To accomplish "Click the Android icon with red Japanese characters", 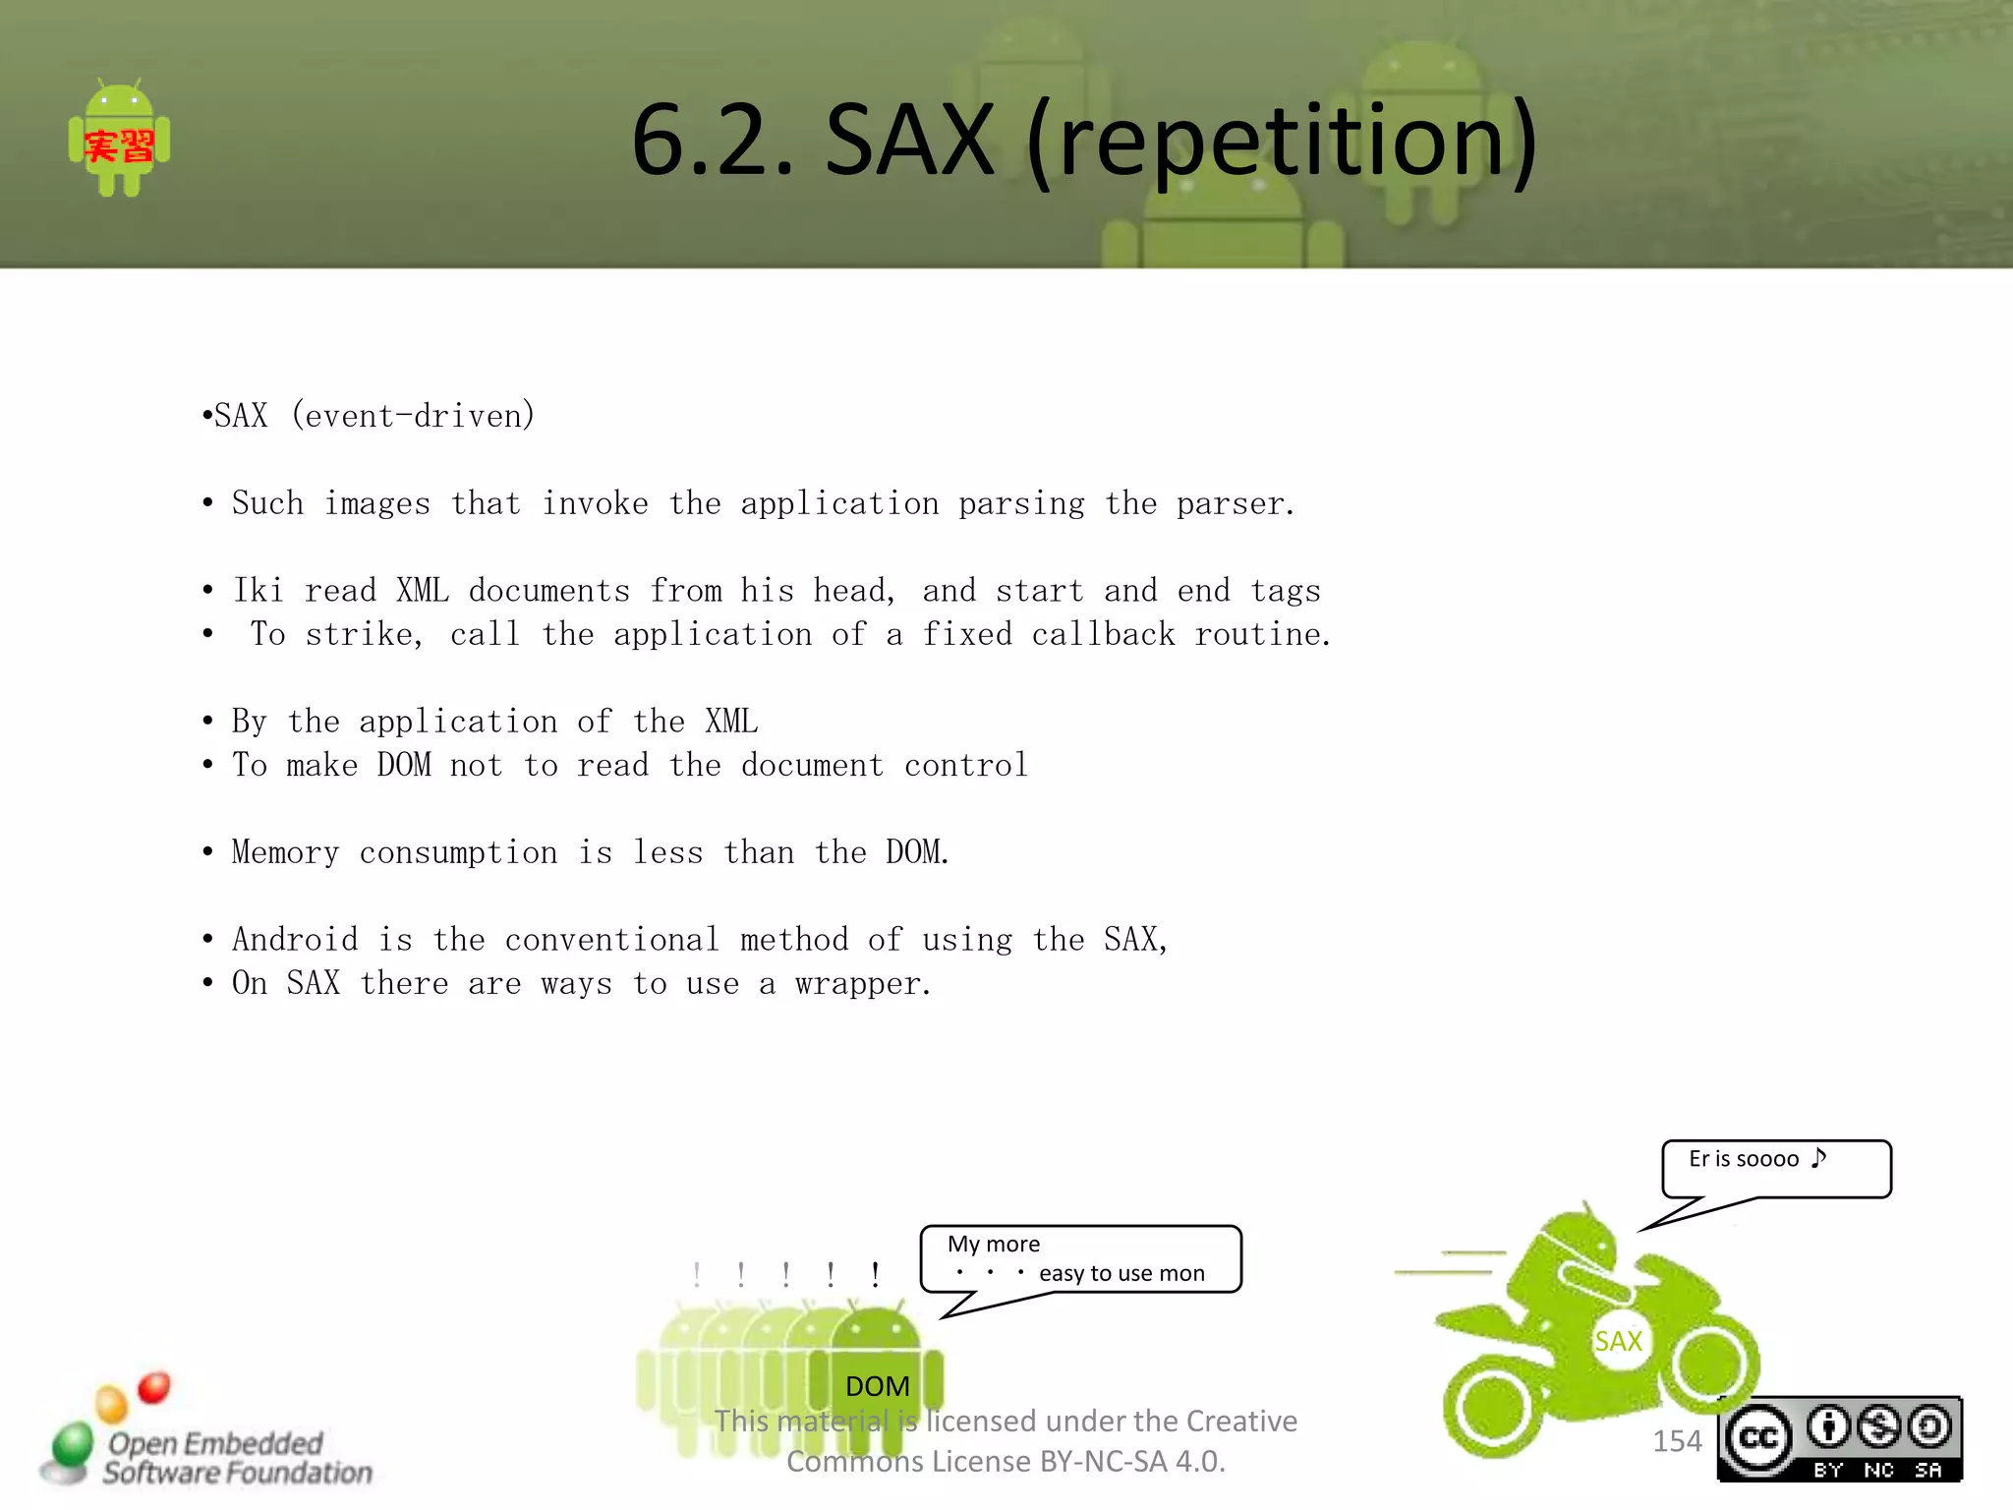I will pyautogui.click(x=119, y=139).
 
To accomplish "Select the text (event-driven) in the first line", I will pyautogui.click(x=413, y=416).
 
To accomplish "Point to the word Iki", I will pyautogui.click(x=258, y=591).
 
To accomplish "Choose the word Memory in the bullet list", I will pyautogui.click(x=285, y=852).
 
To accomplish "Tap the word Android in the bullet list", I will pyautogui.click(x=295, y=940).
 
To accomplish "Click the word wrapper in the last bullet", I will pyautogui.click(x=862, y=984).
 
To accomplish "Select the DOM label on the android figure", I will pyautogui.click(x=877, y=1386).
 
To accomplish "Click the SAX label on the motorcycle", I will pyautogui.click(x=1618, y=1341).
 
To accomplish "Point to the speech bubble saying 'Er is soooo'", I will pyautogui.click(x=1775, y=1168).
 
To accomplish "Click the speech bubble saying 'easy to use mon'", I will pyautogui.click(x=1080, y=1259).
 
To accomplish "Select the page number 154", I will pyautogui.click(x=1677, y=1441).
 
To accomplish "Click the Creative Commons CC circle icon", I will pyautogui.click(x=1758, y=1439).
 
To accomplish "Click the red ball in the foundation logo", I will pyautogui.click(x=154, y=1387).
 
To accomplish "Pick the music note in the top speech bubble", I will pyautogui.click(x=1818, y=1157).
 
